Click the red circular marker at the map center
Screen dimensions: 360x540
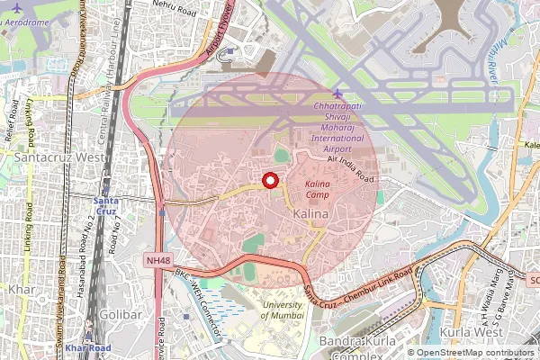(x=269, y=181)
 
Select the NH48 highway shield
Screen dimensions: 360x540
(x=157, y=260)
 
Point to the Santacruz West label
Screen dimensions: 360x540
(x=50, y=156)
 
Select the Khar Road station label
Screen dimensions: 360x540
(x=88, y=347)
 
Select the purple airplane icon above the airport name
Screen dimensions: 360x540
(x=337, y=94)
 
